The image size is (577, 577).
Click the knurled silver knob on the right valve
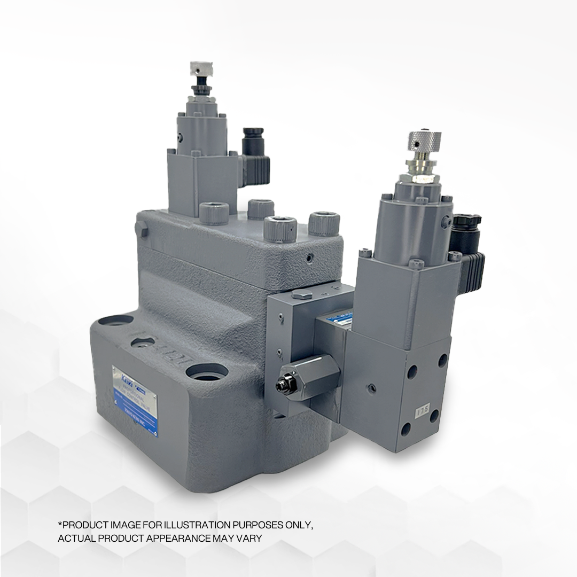click(x=425, y=141)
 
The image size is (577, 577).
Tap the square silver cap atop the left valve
click(x=201, y=68)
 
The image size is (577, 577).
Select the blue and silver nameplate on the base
click(x=135, y=401)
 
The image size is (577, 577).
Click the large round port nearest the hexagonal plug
click(x=207, y=372)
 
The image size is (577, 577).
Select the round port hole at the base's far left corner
click(x=115, y=321)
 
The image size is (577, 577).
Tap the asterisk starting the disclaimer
click(x=59, y=525)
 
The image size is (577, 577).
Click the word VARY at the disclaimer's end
click(x=250, y=538)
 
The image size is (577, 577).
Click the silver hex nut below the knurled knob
click(x=422, y=162)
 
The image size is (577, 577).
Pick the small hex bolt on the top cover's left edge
click(x=141, y=229)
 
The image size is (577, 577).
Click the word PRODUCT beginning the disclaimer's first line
click(x=81, y=525)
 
